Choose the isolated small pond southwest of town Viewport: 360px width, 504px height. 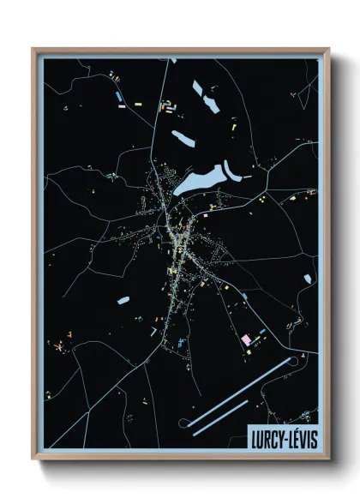pos(123,302)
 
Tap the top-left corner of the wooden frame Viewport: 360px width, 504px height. pos(33,49)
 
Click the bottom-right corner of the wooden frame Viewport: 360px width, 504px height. pos(328,459)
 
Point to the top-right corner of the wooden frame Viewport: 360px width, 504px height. pos(328,49)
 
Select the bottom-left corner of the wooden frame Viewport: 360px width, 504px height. pos(33,459)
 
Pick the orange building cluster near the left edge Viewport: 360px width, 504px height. pos(58,347)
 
